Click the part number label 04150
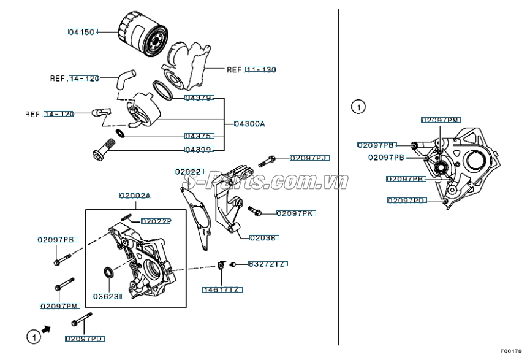(x=83, y=31)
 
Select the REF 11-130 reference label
(x=251, y=70)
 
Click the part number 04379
(x=199, y=98)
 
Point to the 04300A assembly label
(x=249, y=123)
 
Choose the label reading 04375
(x=199, y=136)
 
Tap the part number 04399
(x=199, y=150)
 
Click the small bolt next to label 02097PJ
(x=268, y=161)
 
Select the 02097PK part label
(x=295, y=213)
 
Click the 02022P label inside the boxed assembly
(x=156, y=221)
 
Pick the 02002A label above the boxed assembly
(x=135, y=196)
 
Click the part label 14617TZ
(x=222, y=289)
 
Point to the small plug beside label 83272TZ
(x=234, y=264)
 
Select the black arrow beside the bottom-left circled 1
(x=47, y=330)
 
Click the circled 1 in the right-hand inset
(x=358, y=107)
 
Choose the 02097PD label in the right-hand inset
(x=406, y=200)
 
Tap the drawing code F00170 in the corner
(x=510, y=351)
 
